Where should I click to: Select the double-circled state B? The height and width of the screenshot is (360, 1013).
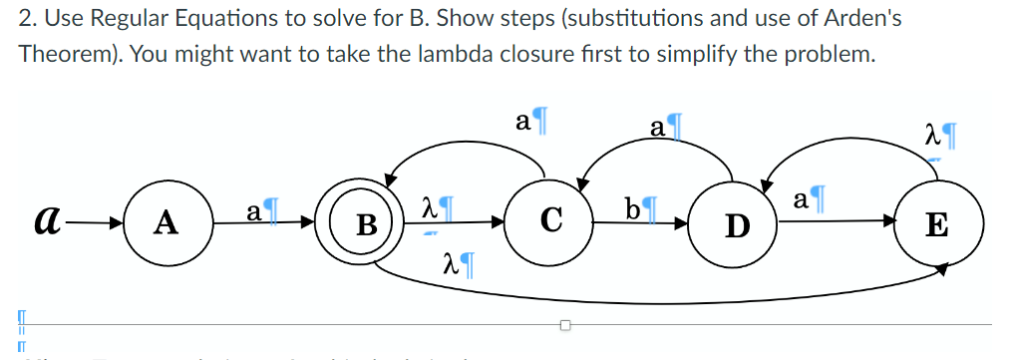pyautogui.click(x=366, y=223)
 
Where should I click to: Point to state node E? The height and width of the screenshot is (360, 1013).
pyautogui.click(x=936, y=225)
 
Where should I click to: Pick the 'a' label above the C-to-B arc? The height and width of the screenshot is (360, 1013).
pyautogui.click(x=523, y=121)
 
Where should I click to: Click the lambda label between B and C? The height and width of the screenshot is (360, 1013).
pyautogui.click(x=431, y=210)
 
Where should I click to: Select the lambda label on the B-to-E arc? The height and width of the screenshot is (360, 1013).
pyautogui.click(x=451, y=264)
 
